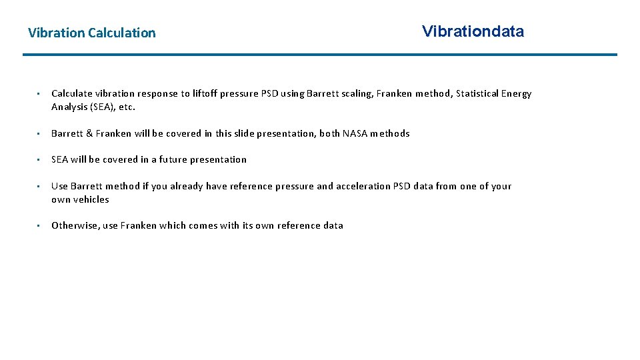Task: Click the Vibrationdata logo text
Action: tap(473, 31)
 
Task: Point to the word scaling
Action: tap(356, 94)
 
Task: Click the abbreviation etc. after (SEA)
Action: tap(127, 107)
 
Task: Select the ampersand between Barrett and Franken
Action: tap(89, 133)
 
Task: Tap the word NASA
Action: tap(355, 133)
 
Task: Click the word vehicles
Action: tap(91, 199)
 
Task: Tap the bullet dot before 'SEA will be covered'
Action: tap(40, 160)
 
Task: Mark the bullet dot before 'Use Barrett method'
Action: tap(40, 187)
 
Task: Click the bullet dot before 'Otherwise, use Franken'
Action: tap(40, 226)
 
